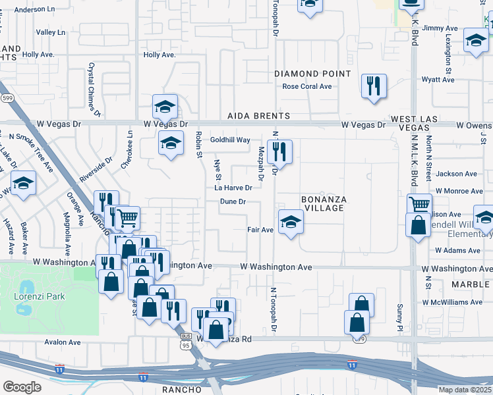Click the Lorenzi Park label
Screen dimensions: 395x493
point(40,296)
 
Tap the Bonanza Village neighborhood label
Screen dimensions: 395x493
point(323,203)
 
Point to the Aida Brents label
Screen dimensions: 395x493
point(258,116)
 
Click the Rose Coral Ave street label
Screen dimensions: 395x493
point(306,86)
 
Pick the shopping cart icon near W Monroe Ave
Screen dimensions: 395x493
point(419,203)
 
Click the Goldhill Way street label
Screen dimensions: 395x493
point(230,140)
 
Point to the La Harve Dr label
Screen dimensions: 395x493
point(233,188)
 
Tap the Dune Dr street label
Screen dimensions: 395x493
point(233,201)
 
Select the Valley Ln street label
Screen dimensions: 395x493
point(51,32)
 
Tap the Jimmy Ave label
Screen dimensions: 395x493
point(440,28)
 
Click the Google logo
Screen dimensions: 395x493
point(22,386)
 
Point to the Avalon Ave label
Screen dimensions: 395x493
point(63,342)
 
